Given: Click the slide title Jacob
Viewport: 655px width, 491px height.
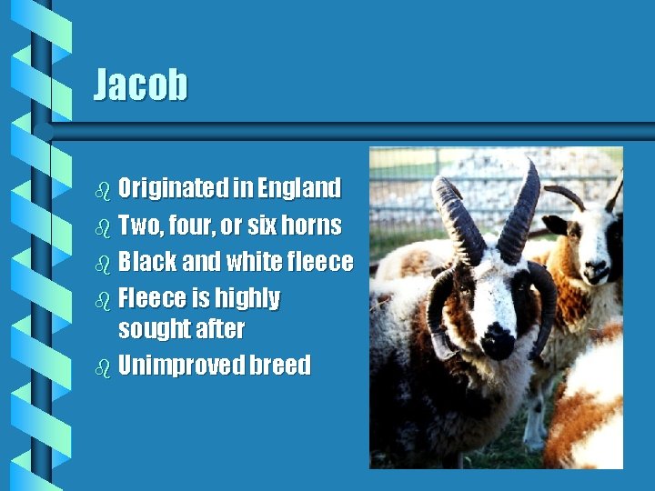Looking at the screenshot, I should pos(141,85).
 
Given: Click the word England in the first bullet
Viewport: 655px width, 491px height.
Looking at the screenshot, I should pos(299,188).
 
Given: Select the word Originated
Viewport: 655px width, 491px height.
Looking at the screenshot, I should pos(173,188).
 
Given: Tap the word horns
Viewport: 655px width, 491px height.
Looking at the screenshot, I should pos(311,225).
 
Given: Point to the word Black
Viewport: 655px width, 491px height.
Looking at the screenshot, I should pos(147,262).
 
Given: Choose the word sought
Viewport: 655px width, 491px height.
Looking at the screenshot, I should pos(149,329).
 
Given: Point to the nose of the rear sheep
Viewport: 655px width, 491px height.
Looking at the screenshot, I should pos(595,270).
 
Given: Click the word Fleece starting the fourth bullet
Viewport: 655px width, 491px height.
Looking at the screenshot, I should pos(150,298).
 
